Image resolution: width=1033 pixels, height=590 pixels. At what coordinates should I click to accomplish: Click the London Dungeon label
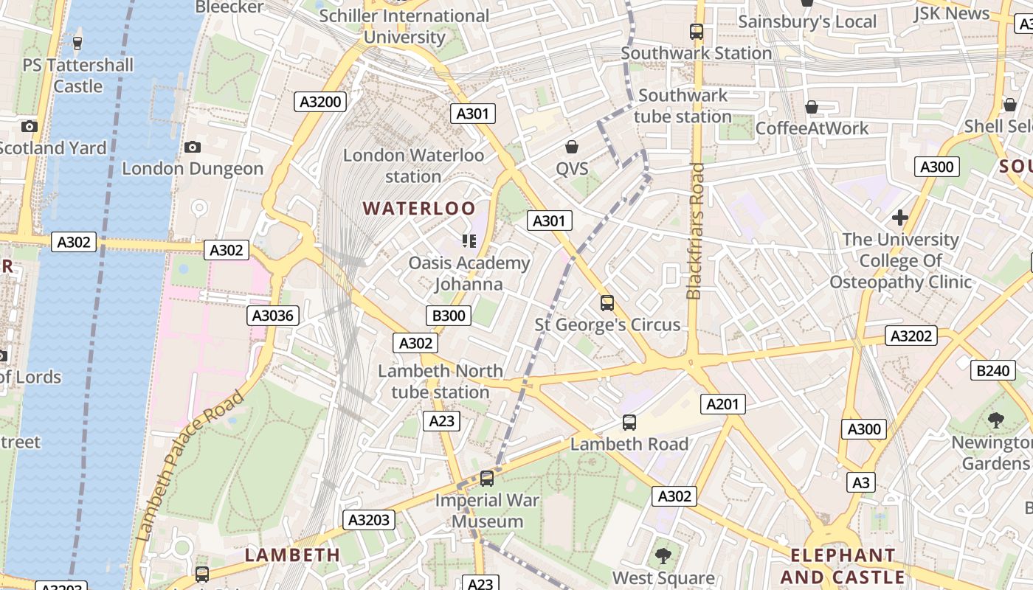193,169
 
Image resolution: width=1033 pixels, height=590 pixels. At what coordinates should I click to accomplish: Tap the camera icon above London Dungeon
193,147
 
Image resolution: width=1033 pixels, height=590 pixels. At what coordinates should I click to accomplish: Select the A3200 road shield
320,102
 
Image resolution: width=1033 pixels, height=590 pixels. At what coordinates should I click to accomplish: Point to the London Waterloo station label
413,166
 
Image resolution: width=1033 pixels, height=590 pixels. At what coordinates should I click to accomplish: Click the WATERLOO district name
419,209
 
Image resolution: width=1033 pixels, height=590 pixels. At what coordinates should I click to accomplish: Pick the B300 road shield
449,316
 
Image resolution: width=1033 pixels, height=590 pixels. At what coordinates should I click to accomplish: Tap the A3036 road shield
272,316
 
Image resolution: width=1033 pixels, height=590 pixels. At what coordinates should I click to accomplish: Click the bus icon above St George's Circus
607,303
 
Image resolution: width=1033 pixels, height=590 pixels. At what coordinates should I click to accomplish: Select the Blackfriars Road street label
694,231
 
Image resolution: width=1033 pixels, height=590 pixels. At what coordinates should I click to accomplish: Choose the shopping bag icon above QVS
572,147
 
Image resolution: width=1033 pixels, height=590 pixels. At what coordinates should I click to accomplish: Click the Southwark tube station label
683,106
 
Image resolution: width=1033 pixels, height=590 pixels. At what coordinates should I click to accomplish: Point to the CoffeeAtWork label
812,128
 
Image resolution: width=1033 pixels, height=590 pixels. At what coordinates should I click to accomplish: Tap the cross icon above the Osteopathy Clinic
899,218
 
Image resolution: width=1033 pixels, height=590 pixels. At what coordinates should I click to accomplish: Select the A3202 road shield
911,336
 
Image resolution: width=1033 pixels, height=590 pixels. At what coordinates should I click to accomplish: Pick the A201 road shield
722,404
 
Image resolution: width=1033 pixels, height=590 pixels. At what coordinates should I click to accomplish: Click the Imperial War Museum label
487,510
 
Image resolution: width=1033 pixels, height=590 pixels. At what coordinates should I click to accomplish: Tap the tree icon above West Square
663,555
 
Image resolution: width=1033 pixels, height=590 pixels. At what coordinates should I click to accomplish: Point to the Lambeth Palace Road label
190,466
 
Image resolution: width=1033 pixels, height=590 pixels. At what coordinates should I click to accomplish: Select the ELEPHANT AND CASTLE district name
843,566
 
